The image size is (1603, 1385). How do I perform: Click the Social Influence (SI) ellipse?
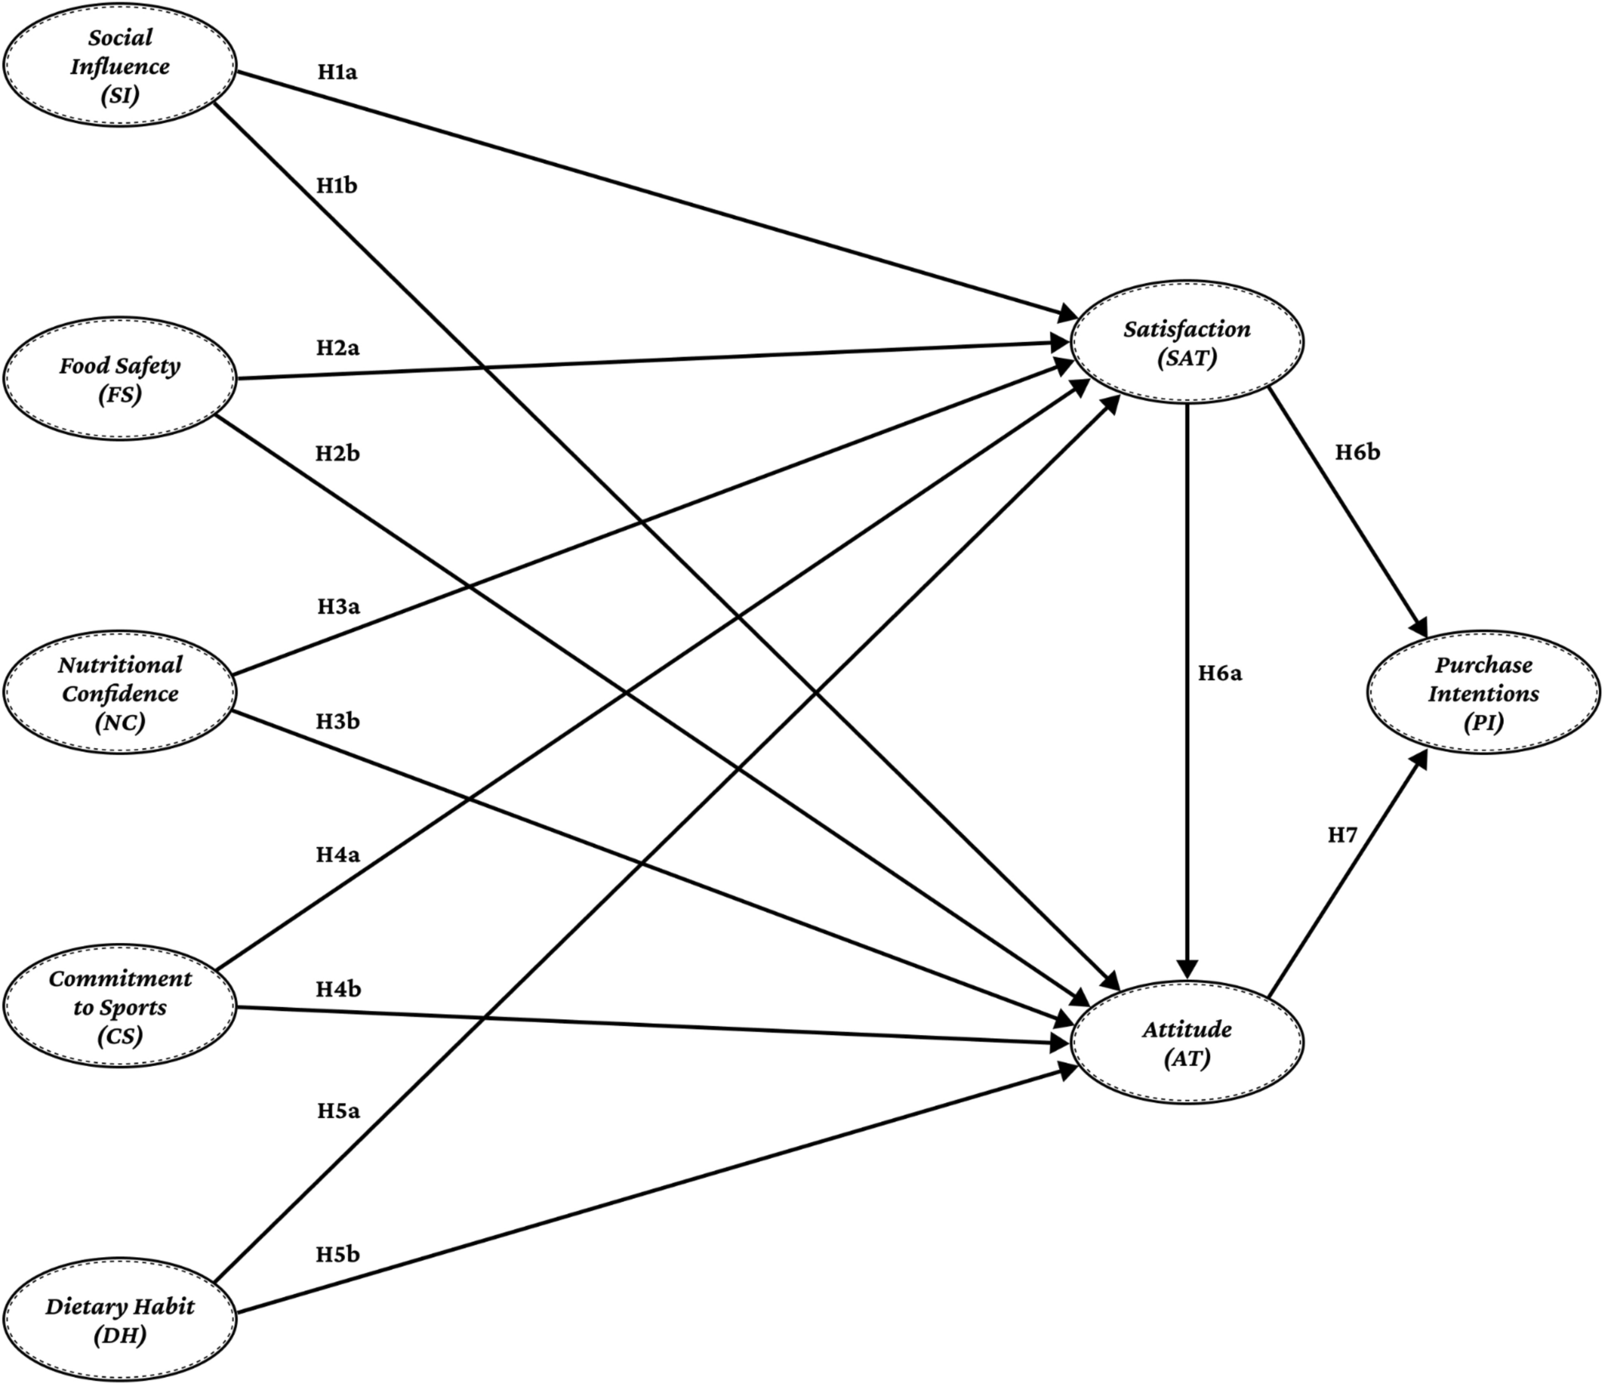pyautogui.click(x=120, y=66)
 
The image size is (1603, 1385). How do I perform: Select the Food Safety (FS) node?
pyautogui.click(x=120, y=380)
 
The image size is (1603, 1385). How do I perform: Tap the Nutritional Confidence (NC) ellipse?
pyautogui.click(x=120, y=693)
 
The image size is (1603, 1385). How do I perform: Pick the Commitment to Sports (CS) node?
pyautogui.click(x=120, y=1007)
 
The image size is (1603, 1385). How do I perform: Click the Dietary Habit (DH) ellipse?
pyautogui.click(x=120, y=1320)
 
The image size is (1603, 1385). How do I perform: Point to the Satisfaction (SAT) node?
pyautogui.click(x=1187, y=343)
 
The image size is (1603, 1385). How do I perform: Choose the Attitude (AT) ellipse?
pyautogui.click(x=1187, y=1042)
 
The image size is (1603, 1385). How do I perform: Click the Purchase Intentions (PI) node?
pyautogui.click(x=1483, y=693)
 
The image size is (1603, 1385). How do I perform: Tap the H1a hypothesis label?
pyautogui.click(x=337, y=72)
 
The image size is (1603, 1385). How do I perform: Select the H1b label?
pyautogui.click(x=336, y=186)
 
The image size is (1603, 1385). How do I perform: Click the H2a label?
pyautogui.click(x=337, y=348)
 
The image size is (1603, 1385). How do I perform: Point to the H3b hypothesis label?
pyautogui.click(x=337, y=722)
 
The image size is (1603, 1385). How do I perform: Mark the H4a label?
pyautogui.click(x=337, y=855)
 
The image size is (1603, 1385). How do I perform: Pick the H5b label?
pyautogui.click(x=337, y=1254)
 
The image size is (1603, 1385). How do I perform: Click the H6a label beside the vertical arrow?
pyautogui.click(x=1220, y=674)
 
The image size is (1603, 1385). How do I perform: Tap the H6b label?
pyautogui.click(x=1357, y=453)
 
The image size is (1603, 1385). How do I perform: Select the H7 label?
pyautogui.click(x=1342, y=835)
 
